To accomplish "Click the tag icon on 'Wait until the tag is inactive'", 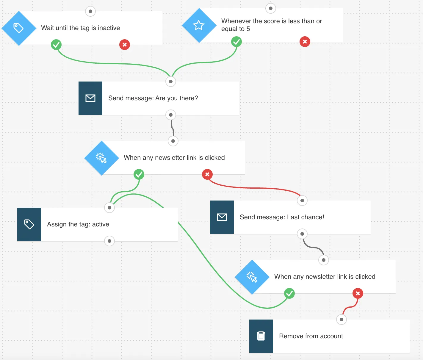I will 18,28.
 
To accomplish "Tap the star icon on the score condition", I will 199,25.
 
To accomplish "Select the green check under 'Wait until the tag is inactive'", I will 56,45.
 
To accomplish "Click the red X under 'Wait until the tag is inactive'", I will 125,45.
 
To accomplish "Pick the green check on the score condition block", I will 236,42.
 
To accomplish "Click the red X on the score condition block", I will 305,42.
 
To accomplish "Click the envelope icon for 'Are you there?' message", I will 90,98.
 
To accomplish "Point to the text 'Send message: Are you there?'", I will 153,98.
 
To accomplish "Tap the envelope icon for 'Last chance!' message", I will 222,217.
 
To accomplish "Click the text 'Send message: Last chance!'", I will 282,217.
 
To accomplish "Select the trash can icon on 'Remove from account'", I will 261,336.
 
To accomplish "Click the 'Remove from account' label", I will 311,336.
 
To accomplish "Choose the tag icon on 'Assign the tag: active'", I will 29,224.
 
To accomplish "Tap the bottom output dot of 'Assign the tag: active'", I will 109,241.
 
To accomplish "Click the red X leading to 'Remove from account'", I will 358,293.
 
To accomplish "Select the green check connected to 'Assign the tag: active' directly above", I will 139,174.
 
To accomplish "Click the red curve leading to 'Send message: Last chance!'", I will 253,188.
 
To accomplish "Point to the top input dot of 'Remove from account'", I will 341,320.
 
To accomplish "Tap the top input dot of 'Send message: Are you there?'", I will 171,82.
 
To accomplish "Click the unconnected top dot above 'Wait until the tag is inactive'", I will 90,11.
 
